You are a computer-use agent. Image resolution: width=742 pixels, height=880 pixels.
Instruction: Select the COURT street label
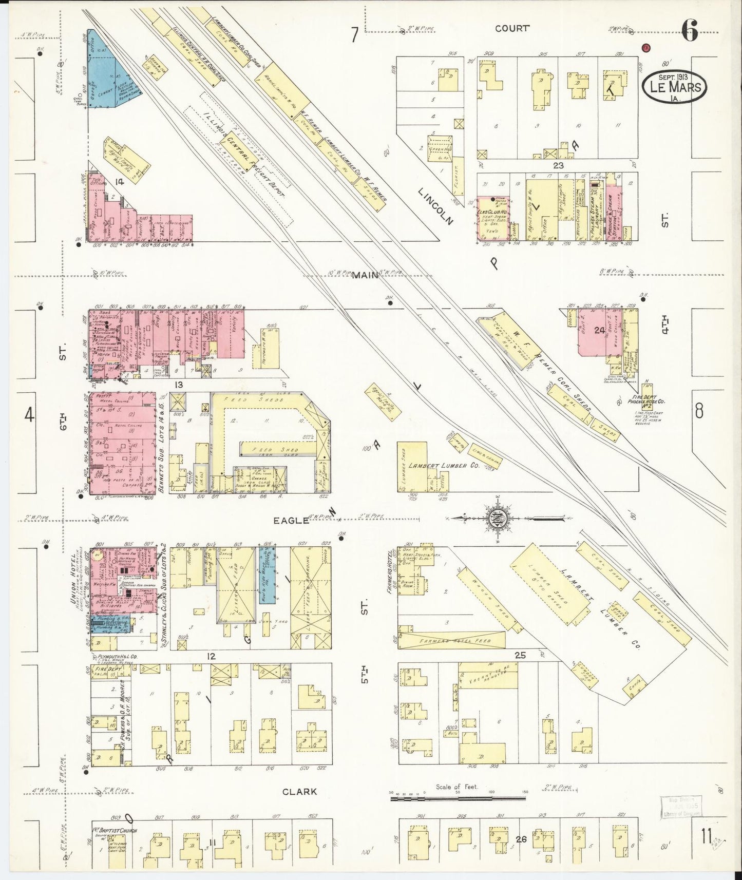[x=511, y=29]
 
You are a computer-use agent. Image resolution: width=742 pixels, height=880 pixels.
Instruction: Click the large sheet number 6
[x=690, y=33]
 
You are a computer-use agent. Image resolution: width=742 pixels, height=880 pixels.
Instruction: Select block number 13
[x=178, y=384]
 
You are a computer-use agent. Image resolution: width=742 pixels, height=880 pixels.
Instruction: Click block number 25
[x=520, y=655]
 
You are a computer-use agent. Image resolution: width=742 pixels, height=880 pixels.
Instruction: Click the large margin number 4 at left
[x=30, y=414]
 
